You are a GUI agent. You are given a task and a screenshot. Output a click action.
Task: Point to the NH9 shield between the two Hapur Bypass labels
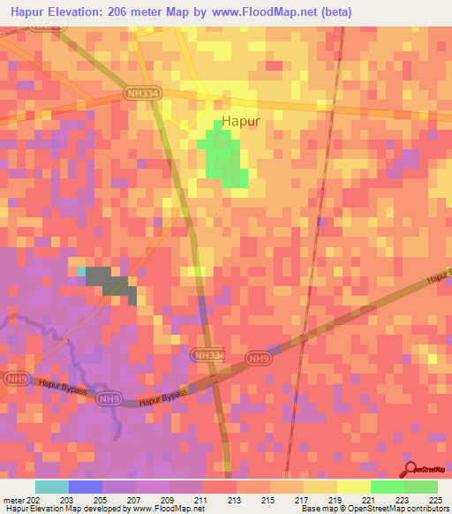tap(107, 398)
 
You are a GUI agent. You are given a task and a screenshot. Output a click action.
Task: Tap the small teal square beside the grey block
tap(81, 272)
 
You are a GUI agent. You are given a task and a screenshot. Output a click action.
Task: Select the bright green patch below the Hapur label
tap(226, 157)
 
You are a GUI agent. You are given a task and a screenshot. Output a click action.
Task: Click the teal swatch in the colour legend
tap(52, 487)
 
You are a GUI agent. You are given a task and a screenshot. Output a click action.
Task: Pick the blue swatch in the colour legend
tap(86, 487)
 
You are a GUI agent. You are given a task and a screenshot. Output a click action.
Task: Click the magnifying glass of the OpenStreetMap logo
tap(410, 468)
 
